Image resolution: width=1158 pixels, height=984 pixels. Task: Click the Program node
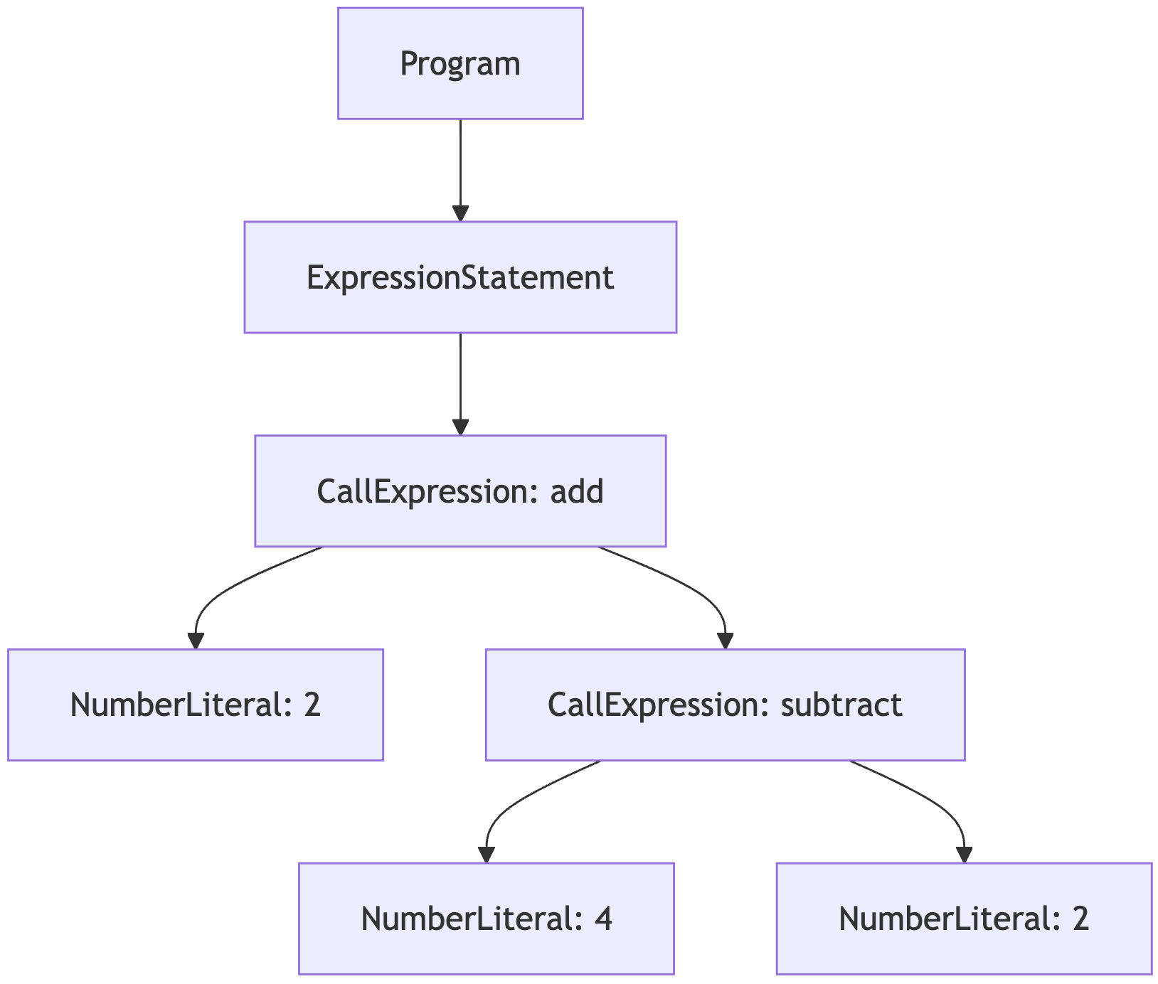tap(460, 63)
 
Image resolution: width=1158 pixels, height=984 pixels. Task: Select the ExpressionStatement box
tap(460, 277)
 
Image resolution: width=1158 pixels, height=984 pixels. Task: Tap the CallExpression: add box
tap(460, 491)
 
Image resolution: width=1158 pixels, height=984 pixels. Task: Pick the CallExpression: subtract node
tap(725, 705)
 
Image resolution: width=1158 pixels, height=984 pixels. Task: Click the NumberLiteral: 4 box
tap(486, 919)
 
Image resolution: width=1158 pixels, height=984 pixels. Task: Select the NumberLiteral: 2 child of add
tap(196, 705)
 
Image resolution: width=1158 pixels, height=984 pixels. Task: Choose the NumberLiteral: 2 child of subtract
tap(964, 919)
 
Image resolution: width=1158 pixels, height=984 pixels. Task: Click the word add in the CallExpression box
tap(577, 491)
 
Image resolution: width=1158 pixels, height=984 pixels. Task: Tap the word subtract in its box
tap(841, 705)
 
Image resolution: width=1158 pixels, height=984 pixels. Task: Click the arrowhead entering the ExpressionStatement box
tap(460, 213)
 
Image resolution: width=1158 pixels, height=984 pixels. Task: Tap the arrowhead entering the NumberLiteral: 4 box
tap(486, 855)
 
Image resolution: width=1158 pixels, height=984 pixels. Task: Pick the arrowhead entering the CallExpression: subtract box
tap(725, 641)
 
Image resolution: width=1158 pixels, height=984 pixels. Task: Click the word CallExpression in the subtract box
tap(659, 705)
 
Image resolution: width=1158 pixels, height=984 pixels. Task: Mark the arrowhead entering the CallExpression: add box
tap(460, 427)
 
